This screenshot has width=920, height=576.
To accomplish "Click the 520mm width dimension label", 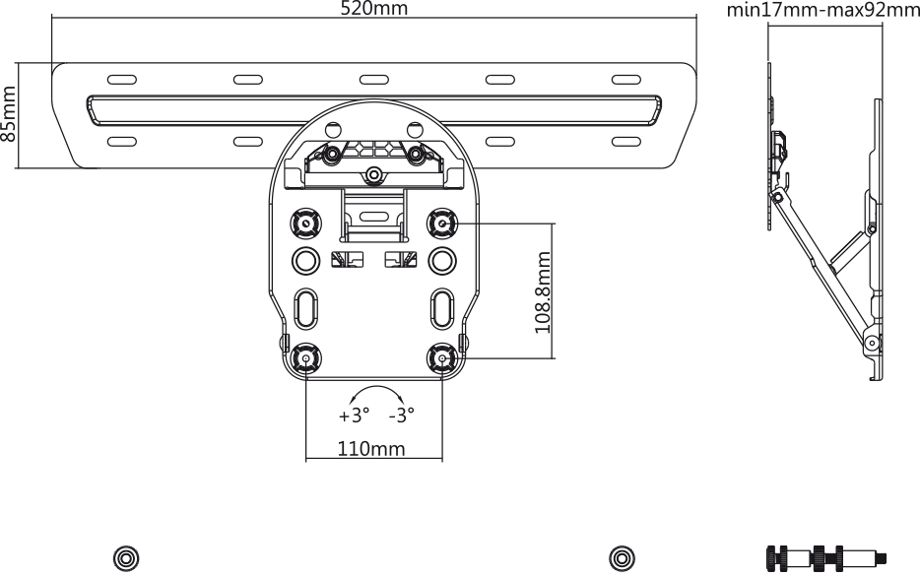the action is click(373, 8).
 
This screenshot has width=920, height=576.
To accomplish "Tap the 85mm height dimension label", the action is click(8, 114).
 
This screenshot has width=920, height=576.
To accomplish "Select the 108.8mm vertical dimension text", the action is click(543, 292).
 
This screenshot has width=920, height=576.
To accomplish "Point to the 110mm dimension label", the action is click(370, 449).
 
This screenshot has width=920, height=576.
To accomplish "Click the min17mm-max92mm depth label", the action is click(823, 10).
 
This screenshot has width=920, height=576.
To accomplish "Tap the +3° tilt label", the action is click(355, 416).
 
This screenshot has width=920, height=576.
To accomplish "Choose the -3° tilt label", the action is click(402, 416).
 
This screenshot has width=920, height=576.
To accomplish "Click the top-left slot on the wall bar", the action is click(122, 80).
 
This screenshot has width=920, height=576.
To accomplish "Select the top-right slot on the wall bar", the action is click(626, 80).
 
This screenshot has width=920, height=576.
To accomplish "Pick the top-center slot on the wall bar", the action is click(374, 80).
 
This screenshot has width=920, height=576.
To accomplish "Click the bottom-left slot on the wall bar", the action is click(122, 142).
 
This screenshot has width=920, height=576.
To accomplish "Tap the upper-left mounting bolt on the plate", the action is click(305, 224).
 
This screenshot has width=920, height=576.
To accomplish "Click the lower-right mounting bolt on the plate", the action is click(442, 357).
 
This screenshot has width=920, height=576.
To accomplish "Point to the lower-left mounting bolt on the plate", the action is click(305, 357).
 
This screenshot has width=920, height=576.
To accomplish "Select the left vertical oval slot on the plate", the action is click(305, 308).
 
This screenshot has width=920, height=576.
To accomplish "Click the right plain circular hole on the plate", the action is click(442, 261).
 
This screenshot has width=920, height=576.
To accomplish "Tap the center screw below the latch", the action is click(373, 175).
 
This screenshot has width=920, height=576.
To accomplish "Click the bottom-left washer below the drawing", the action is click(125, 558).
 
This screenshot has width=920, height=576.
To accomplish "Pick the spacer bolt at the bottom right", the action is click(826, 556).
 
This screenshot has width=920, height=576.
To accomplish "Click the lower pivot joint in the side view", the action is click(873, 343).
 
